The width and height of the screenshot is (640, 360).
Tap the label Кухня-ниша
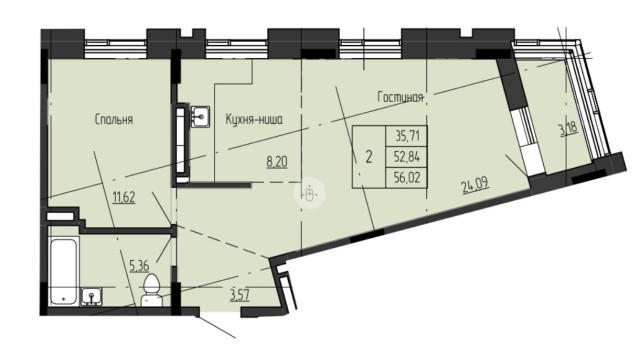255,119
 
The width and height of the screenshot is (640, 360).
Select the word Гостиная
401,97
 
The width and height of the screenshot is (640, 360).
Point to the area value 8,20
276,159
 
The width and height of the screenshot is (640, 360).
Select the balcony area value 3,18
566,129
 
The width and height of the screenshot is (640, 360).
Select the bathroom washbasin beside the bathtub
92,297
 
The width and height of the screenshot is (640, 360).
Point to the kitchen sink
201,117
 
